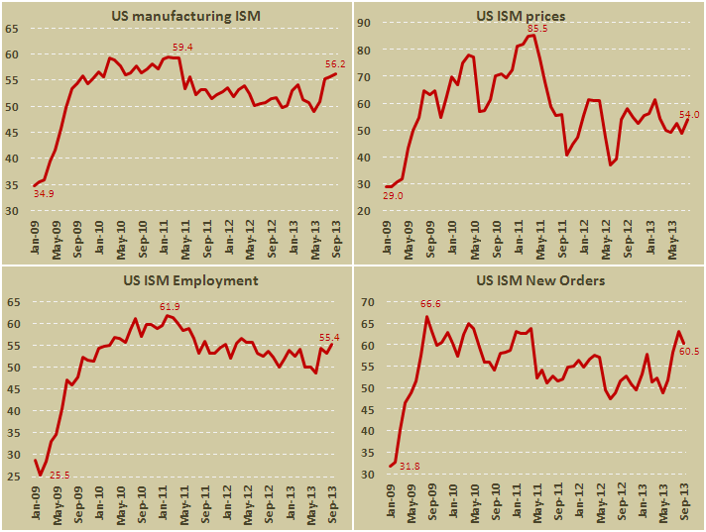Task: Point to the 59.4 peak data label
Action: [x=183, y=47]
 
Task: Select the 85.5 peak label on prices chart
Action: [x=537, y=30]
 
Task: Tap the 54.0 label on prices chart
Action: [x=688, y=114]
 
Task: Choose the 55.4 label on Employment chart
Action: [x=331, y=337]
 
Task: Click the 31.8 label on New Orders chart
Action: [x=408, y=464]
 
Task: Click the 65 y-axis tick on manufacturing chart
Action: [x=14, y=29]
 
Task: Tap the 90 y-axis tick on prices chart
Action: [x=365, y=23]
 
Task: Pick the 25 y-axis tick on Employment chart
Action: [x=14, y=477]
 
